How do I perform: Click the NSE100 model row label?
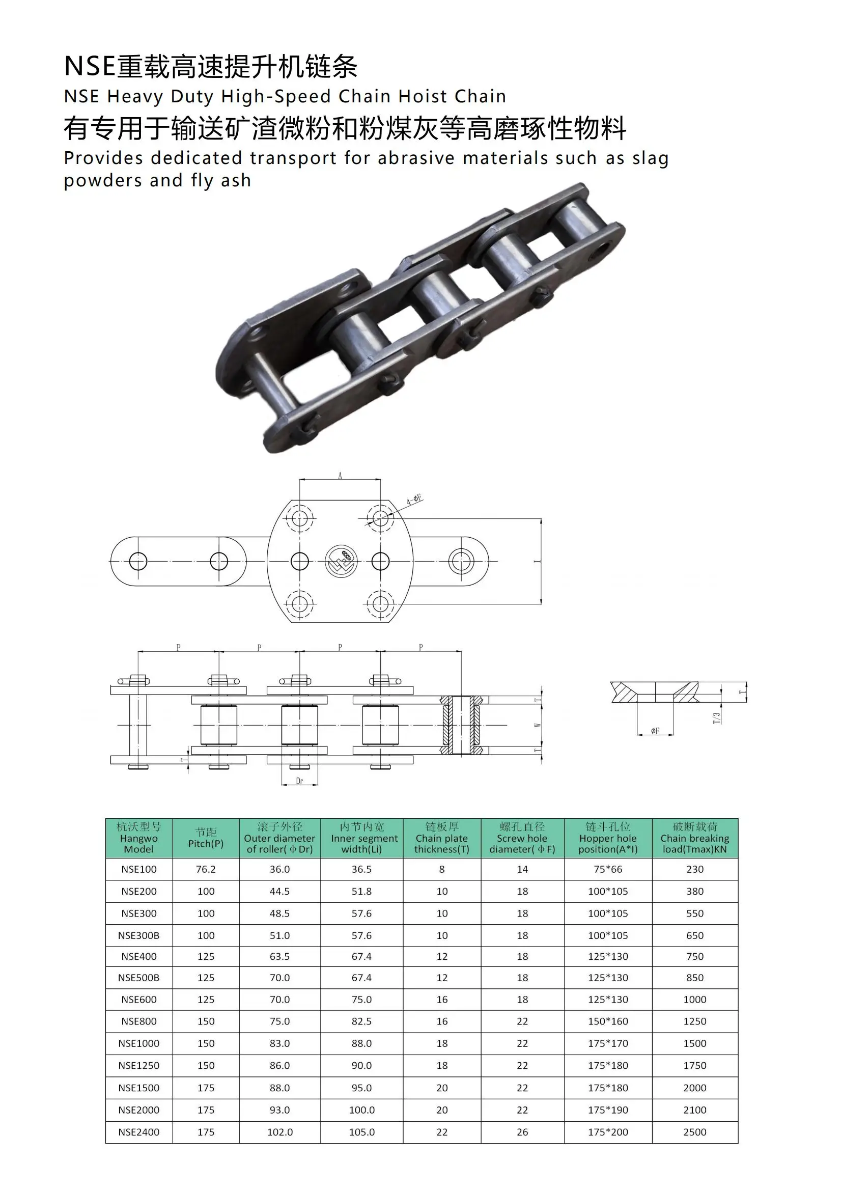point(138,869)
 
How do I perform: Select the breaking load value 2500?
point(694,1132)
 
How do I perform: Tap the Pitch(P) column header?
point(206,838)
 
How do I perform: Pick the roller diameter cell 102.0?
point(279,1132)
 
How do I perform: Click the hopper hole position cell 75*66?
point(608,869)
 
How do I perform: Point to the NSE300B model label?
point(138,935)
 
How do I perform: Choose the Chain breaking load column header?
point(694,838)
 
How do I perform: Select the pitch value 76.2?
point(206,869)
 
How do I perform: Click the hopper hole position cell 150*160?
point(608,1021)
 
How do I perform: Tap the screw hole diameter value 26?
point(522,1132)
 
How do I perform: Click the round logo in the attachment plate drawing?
point(341,561)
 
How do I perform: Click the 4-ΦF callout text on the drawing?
point(414,500)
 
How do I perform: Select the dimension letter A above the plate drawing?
point(340,476)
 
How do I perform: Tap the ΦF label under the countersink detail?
point(655,731)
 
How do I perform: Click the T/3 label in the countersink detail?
point(717,718)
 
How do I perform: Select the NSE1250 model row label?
point(138,1065)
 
